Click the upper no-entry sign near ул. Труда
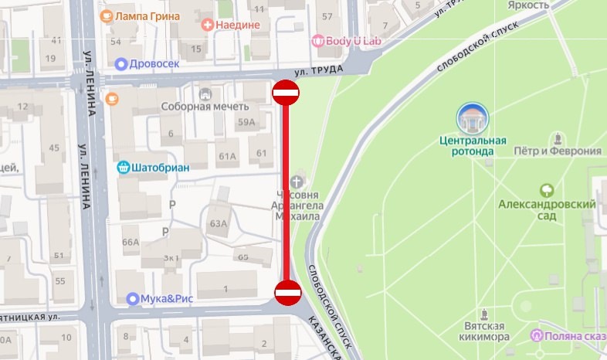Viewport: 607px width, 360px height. tap(285, 93)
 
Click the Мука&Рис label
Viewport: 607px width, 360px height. tap(167, 298)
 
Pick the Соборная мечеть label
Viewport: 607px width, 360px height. tap(198, 107)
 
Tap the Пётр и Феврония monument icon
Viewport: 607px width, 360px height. tap(557, 139)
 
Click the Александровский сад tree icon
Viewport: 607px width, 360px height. tap(547, 189)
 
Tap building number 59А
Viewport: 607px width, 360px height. tap(247, 122)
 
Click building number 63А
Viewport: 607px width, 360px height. tap(219, 224)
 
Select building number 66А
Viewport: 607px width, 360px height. tap(131, 242)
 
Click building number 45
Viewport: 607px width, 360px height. tap(54, 148)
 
